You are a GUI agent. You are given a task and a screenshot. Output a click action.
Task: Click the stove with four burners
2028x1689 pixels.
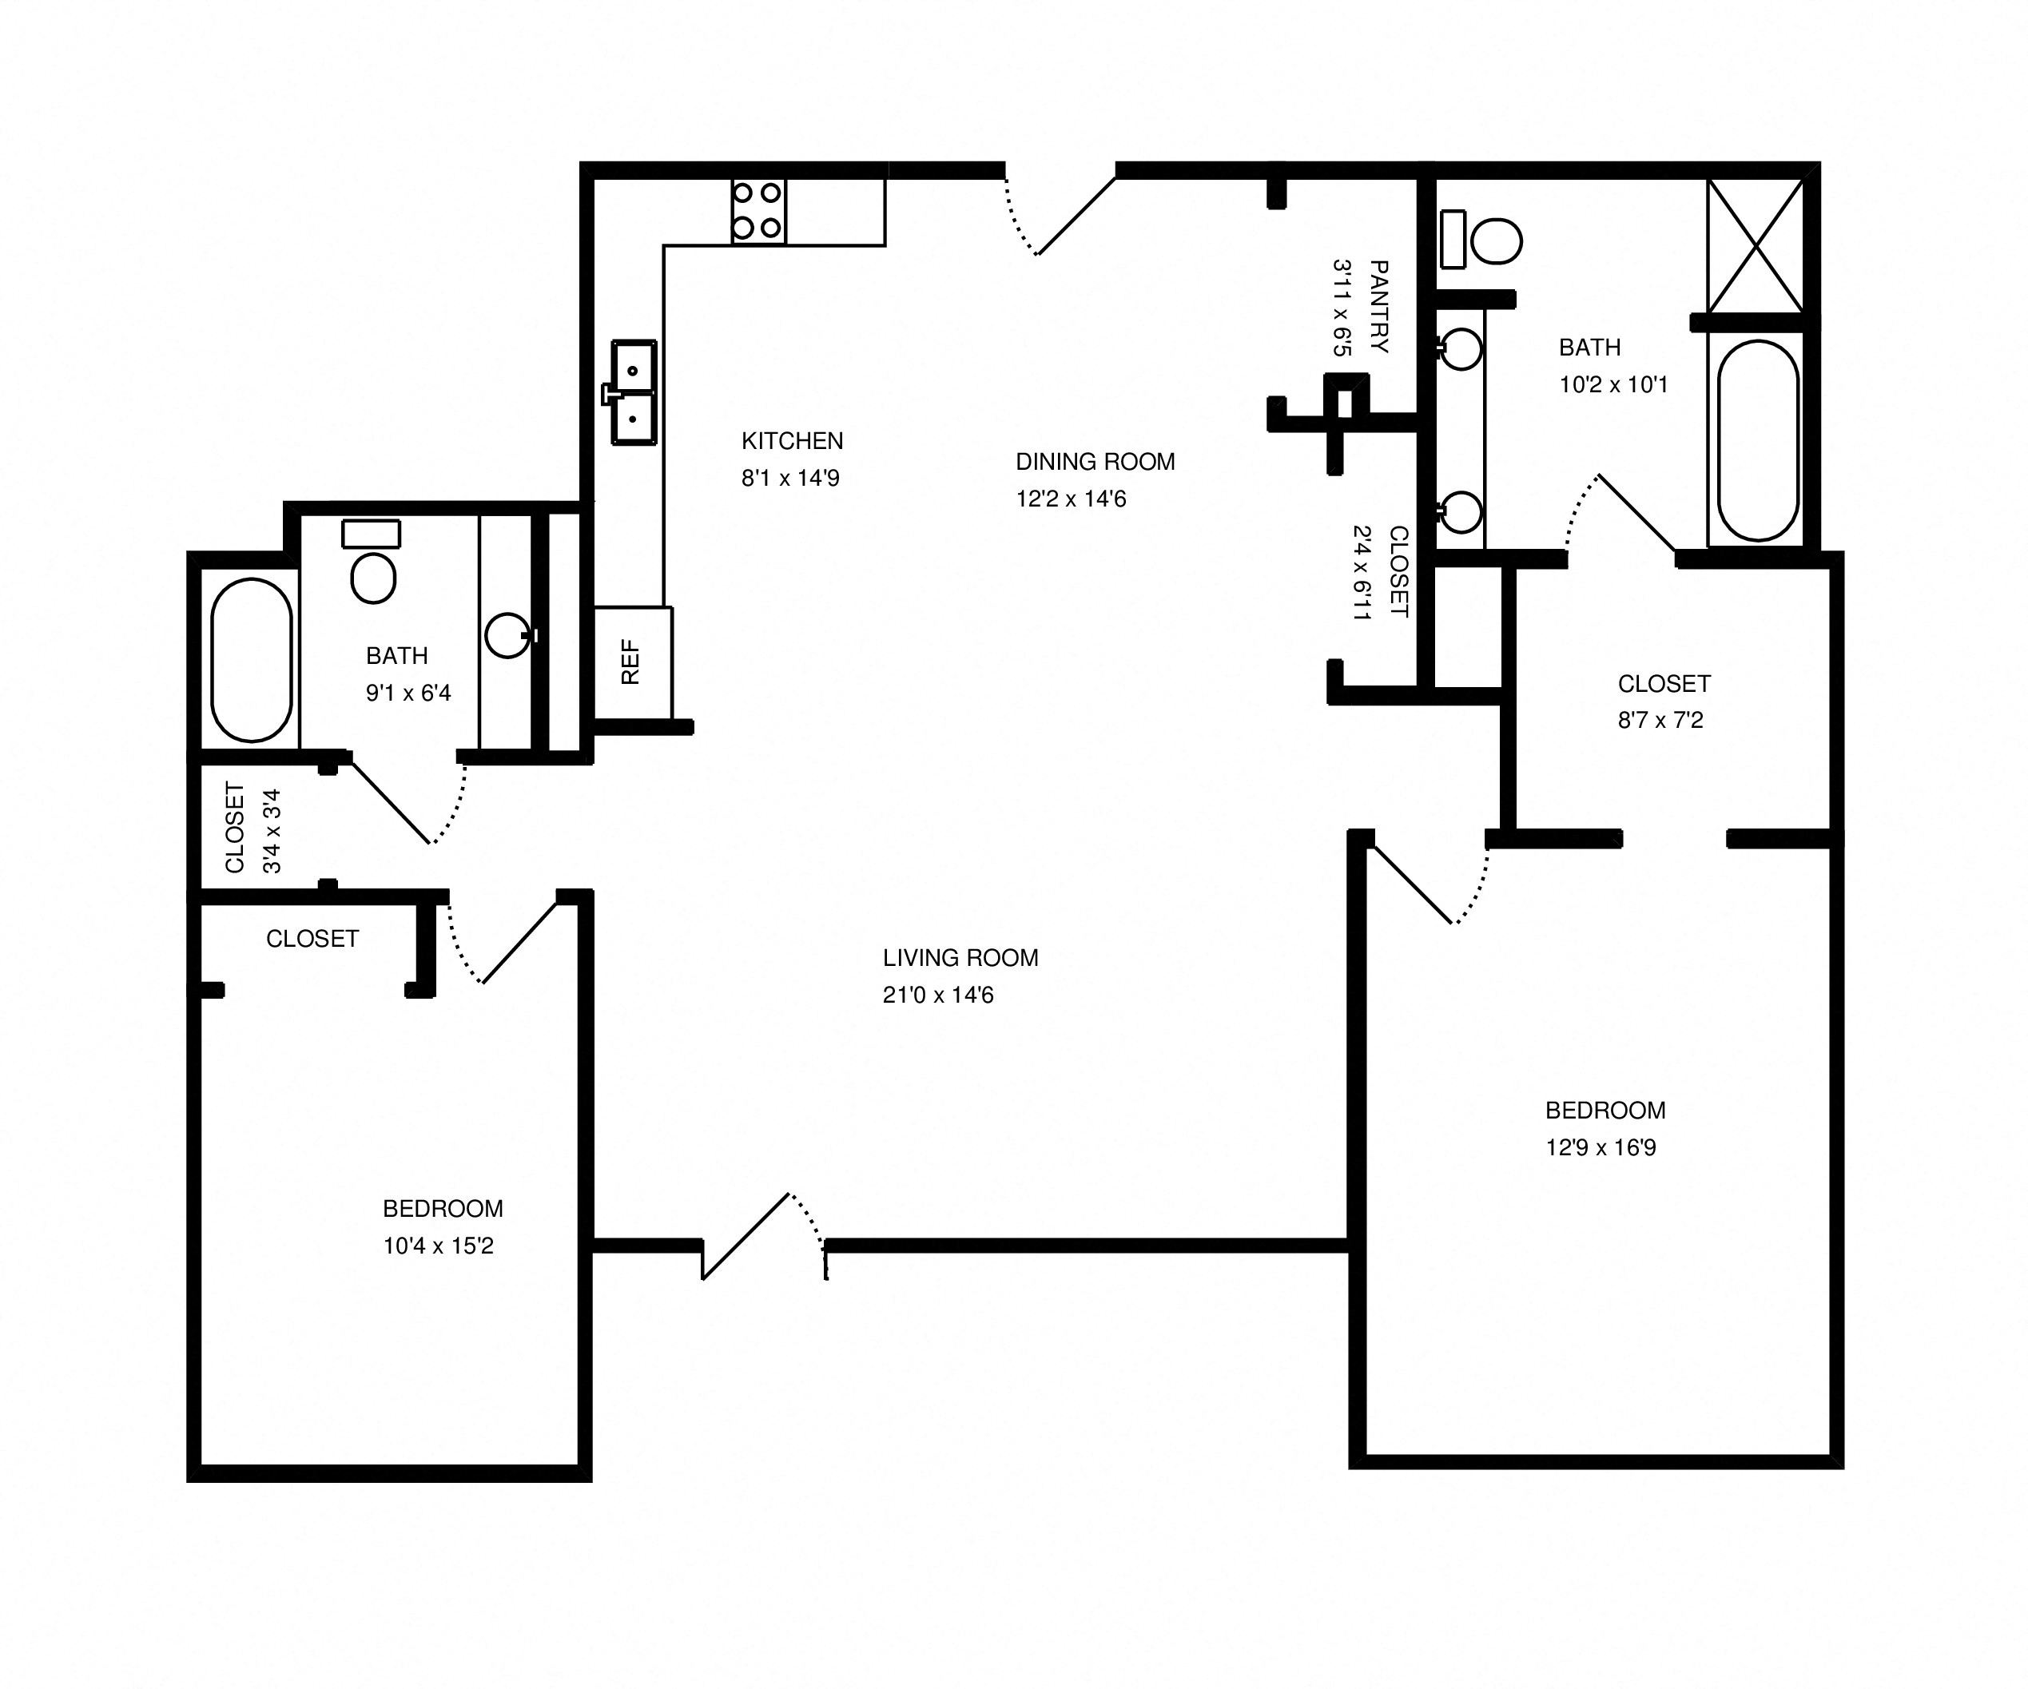coord(758,210)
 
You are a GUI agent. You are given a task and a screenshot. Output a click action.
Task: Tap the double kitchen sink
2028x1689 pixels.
coord(634,392)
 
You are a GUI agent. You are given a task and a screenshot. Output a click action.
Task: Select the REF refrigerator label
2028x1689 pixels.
coord(630,662)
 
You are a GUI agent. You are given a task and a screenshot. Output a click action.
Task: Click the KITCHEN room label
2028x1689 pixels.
coord(792,440)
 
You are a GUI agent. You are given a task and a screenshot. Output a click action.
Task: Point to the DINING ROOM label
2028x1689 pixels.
coord(1096,462)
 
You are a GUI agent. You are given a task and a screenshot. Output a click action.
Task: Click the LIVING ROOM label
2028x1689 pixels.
coord(960,958)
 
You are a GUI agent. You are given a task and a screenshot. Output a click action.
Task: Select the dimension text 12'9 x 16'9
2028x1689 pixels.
coord(1601,1147)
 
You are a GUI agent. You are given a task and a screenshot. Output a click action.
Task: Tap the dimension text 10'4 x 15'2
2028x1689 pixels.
coord(439,1246)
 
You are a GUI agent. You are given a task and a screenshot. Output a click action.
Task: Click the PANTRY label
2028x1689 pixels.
coord(1379,306)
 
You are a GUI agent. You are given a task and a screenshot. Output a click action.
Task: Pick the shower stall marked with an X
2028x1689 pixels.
coord(1755,246)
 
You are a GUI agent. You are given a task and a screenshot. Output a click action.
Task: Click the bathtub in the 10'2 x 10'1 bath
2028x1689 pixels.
coord(1758,440)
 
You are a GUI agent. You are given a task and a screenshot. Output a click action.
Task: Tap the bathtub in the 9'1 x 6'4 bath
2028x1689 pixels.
coord(251,660)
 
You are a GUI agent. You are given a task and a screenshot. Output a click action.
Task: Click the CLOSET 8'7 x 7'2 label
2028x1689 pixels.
coord(1664,684)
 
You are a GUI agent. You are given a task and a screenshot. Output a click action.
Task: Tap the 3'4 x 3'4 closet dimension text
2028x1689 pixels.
coord(272,830)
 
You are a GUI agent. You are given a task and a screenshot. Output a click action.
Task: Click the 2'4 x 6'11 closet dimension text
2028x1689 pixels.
coord(1362,572)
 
